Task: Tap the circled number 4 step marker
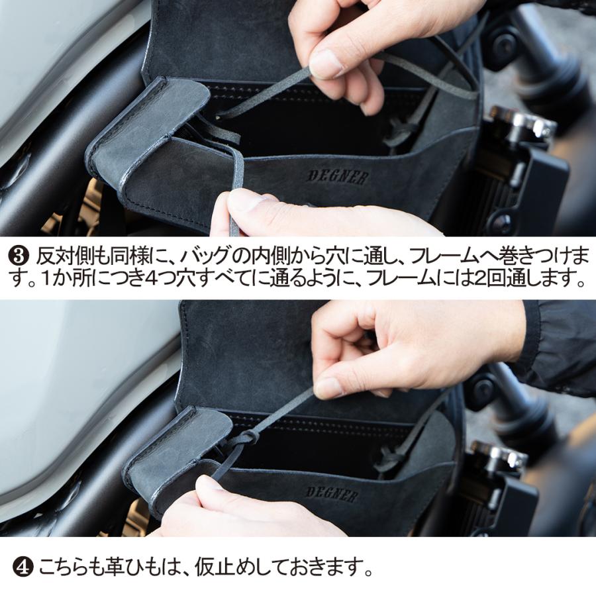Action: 22,568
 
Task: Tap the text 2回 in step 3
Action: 506,279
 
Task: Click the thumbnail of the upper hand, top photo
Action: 326,64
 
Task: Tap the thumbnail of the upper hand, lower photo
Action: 328,387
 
